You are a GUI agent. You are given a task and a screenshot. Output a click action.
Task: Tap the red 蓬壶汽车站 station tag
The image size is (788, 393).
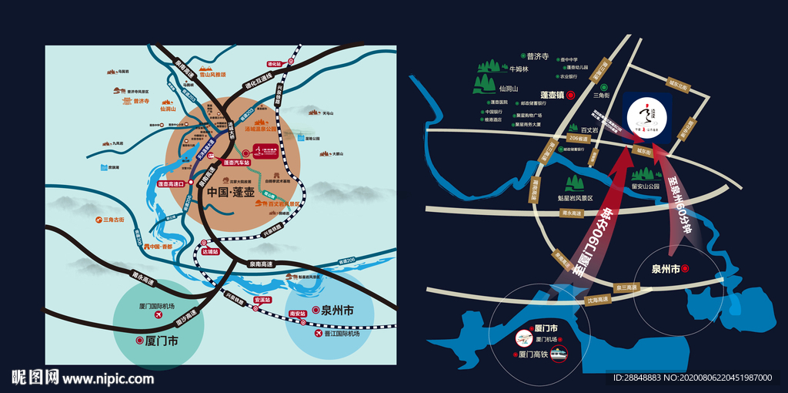[x=238, y=163]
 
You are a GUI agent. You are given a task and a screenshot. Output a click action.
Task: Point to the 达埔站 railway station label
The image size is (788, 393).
[x=210, y=251]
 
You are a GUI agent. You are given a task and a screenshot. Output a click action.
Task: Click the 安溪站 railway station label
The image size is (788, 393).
[x=262, y=299]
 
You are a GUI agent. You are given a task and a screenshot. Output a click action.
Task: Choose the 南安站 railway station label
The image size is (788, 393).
[x=297, y=314]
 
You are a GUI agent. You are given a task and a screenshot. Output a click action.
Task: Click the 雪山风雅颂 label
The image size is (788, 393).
[x=213, y=76]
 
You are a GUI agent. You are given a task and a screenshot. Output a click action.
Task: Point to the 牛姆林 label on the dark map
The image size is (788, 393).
[x=532, y=68]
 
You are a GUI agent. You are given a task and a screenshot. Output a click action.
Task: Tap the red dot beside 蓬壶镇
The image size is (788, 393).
[x=570, y=96]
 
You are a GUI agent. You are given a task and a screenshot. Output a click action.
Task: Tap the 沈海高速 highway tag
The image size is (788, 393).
[x=597, y=299]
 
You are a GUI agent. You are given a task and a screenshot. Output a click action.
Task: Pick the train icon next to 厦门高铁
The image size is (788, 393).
[x=557, y=354]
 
